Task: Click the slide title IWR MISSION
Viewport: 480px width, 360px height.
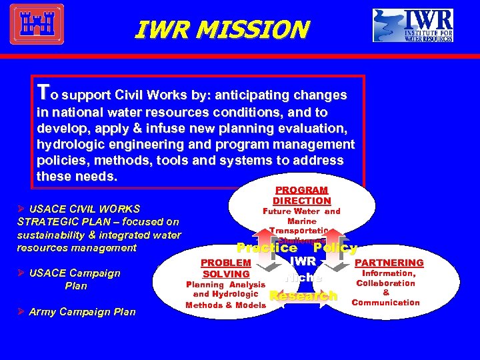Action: coord(221,29)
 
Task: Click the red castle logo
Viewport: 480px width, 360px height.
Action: coord(37,25)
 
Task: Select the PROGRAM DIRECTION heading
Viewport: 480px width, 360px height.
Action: coord(301,195)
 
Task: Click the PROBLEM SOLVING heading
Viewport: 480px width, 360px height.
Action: coord(226,269)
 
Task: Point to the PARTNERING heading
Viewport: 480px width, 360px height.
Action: coord(389,263)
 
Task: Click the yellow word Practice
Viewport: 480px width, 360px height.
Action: coord(267,248)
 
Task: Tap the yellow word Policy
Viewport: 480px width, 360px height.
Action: coord(335,248)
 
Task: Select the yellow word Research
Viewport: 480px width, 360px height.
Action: coord(303,295)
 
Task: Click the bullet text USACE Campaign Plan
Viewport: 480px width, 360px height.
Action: coord(75,279)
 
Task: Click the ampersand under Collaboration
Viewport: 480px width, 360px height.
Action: coord(386,292)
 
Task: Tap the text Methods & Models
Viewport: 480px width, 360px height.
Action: coord(225,305)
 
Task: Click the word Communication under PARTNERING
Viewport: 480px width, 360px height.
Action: coord(386,303)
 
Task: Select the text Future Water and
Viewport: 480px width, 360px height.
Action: coord(301,211)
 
